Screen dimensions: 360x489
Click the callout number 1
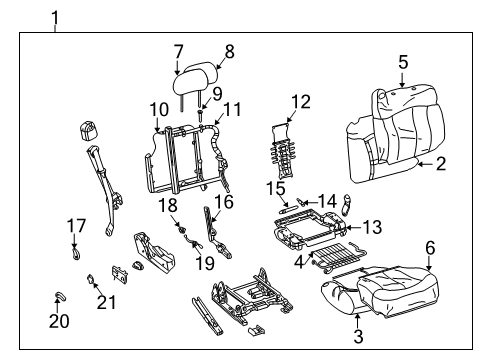tap(56, 16)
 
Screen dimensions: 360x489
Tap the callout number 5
tap(403, 62)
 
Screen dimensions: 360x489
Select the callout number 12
tap(301, 102)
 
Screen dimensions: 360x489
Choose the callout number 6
tap(431, 248)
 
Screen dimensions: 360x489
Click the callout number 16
tap(222, 201)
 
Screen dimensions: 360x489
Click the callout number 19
tap(204, 263)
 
